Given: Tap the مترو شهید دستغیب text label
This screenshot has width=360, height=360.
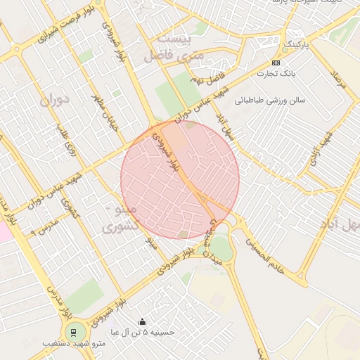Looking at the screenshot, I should [73, 344].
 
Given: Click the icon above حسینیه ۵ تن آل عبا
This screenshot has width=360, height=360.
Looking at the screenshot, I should [144, 321].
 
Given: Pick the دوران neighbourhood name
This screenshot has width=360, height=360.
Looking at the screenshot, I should [56, 101].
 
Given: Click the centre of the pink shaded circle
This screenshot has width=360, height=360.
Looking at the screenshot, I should [180, 180].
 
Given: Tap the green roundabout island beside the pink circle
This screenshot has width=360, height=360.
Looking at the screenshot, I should [221, 247].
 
